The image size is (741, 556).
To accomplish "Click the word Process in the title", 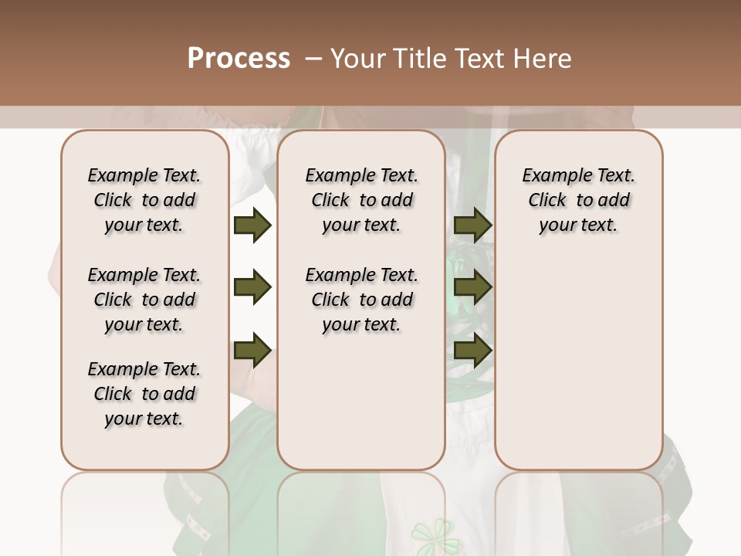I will click(x=239, y=59).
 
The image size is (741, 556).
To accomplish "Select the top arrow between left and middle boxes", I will click(x=252, y=225).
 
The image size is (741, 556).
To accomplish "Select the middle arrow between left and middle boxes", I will click(x=252, y=288).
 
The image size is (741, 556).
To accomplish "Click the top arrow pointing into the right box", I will click(x=472, y=225).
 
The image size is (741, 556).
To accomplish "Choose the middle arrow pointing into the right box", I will click(x=472, y=288).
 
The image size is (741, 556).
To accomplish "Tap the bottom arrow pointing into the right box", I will click(x=472, y=351).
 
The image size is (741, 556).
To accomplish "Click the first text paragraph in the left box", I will click(x=144, y=200).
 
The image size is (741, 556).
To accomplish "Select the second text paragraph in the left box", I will click(x=144, y=300).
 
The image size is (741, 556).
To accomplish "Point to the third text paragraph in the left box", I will click(x=144, y=394).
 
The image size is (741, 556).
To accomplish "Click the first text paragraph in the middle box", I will click(x=361, y=200).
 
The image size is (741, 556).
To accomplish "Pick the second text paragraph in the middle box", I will click(x=361, y=300).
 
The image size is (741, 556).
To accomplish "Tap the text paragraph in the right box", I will click(x=578, y=200).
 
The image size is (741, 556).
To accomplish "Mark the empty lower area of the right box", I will click(x=578, y=363).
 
